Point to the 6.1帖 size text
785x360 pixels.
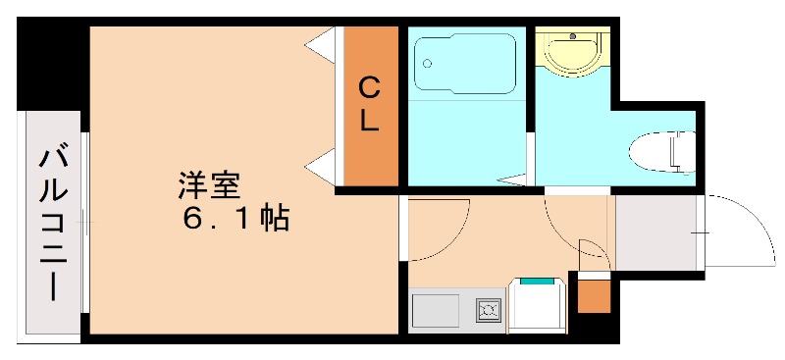coord(235,219)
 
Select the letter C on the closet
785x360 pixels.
coord(369,88)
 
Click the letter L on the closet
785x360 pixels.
coord(369,121)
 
